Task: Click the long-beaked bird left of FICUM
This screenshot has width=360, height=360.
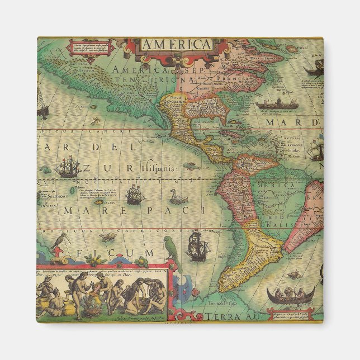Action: click(x=58, y=241)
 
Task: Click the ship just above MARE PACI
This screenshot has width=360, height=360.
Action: click(x=135, y=194)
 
